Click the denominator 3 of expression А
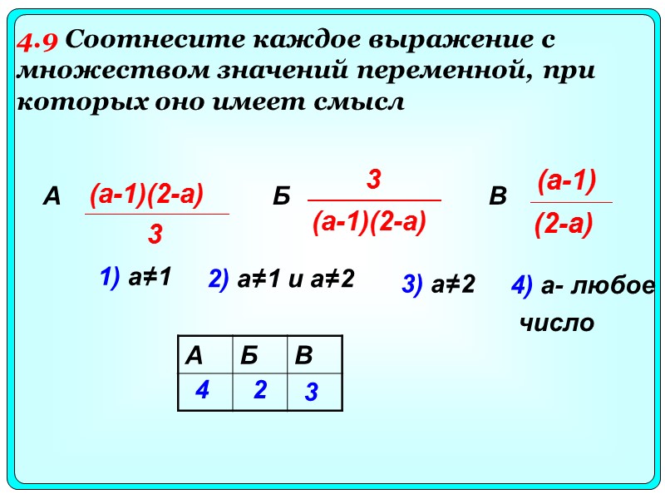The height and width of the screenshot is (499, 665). coord(155,235)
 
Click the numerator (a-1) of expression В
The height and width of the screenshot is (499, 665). coord(568,180)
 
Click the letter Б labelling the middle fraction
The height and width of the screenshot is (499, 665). coord(281,197)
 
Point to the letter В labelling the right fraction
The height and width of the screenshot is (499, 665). coord(498,197)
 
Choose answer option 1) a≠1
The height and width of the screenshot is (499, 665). coord(135,278)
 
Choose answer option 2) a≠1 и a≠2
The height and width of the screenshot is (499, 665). coord(282,279)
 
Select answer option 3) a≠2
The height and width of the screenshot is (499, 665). coord(438,285)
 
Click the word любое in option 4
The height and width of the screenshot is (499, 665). coord(614,285)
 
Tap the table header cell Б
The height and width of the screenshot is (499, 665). coord(249,356)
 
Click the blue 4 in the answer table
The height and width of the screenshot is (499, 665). coord(201,389)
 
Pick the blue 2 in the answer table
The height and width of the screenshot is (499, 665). coord(260,389)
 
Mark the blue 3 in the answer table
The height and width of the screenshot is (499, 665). coord(311,393)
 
